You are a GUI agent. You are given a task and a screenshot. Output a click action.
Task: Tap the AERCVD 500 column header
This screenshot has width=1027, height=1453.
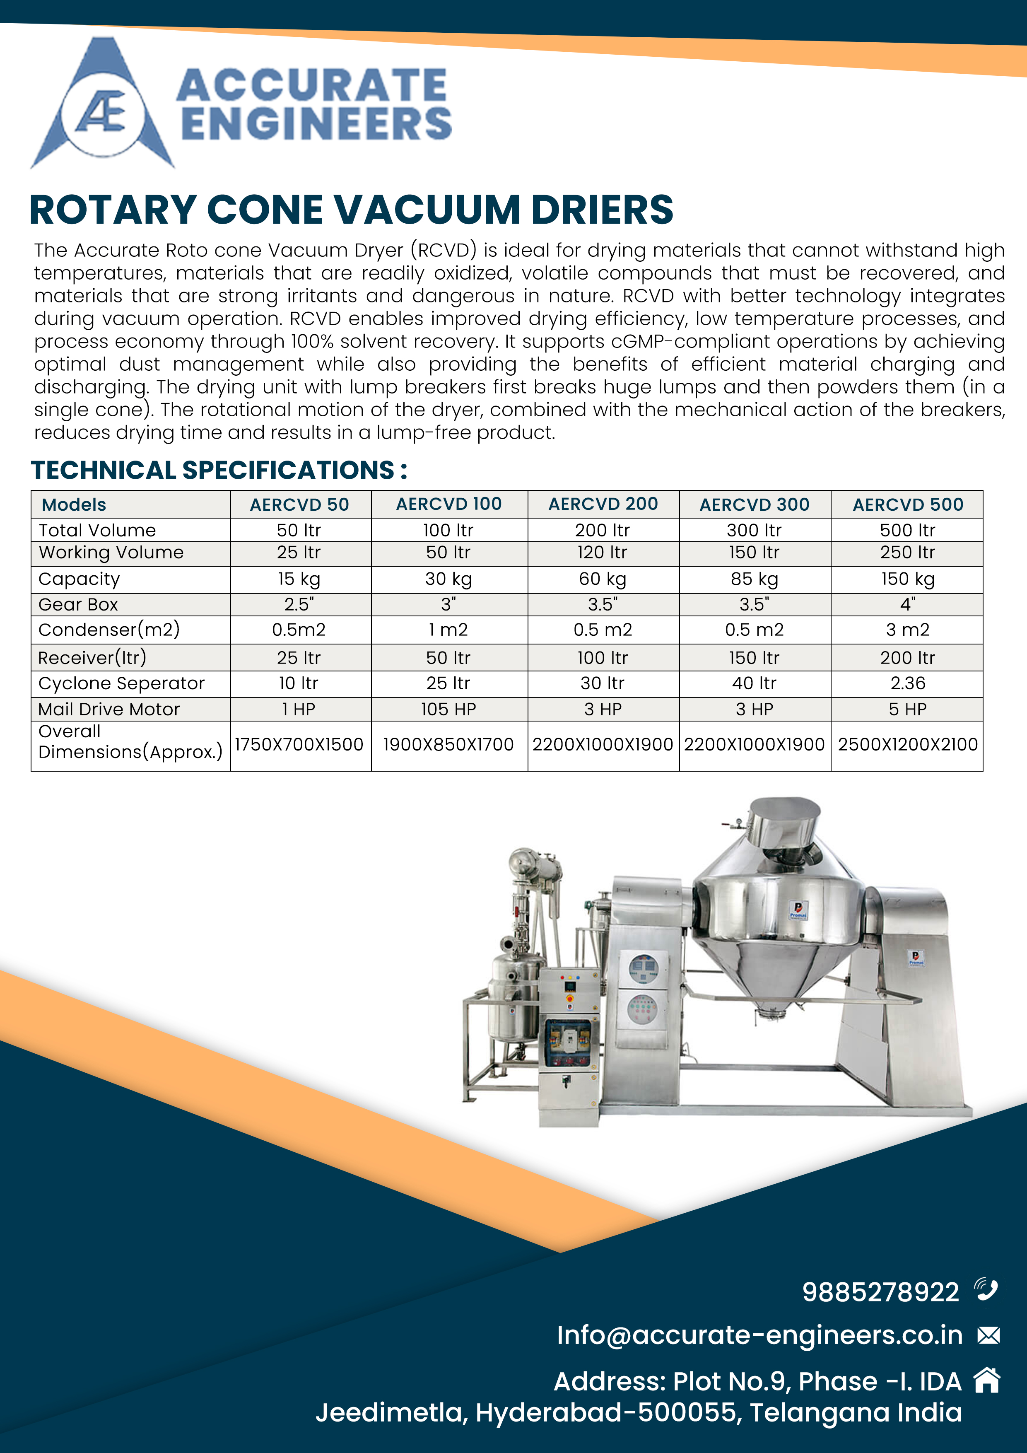(907, 504)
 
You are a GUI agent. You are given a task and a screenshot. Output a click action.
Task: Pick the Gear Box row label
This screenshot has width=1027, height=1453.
(78, 604)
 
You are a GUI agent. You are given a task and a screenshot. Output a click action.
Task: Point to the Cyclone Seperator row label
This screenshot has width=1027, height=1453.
(121, 683)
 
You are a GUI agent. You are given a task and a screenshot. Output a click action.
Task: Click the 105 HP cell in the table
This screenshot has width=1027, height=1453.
(448, 710)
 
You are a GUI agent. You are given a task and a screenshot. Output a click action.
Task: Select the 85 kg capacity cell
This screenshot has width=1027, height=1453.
(754, 579)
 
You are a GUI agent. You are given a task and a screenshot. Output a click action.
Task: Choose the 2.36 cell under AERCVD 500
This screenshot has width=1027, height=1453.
(907, 683)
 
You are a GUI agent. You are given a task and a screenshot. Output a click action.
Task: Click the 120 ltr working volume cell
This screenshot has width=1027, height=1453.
(603, 553)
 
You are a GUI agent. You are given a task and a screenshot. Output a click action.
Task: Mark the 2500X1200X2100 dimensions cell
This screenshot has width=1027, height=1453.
(907, 744)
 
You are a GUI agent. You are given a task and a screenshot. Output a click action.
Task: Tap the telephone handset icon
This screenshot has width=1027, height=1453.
(986, 1289)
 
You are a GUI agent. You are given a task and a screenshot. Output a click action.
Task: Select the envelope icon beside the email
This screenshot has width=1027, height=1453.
(988, 1335)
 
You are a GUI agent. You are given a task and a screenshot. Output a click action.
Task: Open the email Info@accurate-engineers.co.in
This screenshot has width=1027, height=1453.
(759, 1335)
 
